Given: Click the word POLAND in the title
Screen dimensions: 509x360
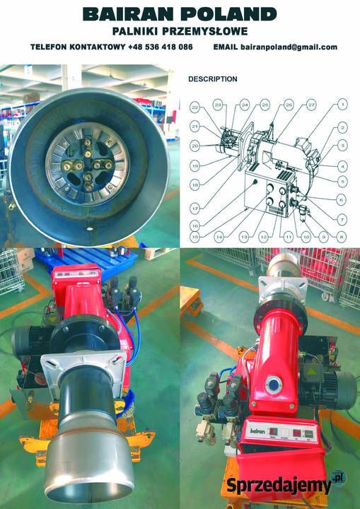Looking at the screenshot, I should [x=234, y=14].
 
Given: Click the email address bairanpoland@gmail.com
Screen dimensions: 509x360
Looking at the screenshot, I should [x=289, y=47].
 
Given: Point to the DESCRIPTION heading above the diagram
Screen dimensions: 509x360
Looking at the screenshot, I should [x=212, y=79].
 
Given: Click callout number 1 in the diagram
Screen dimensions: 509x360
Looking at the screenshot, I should [x=342, y=104].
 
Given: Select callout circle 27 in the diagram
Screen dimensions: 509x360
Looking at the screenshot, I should [x=312, y=105].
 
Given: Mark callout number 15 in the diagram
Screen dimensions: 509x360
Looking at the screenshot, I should [x=194, y=235].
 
